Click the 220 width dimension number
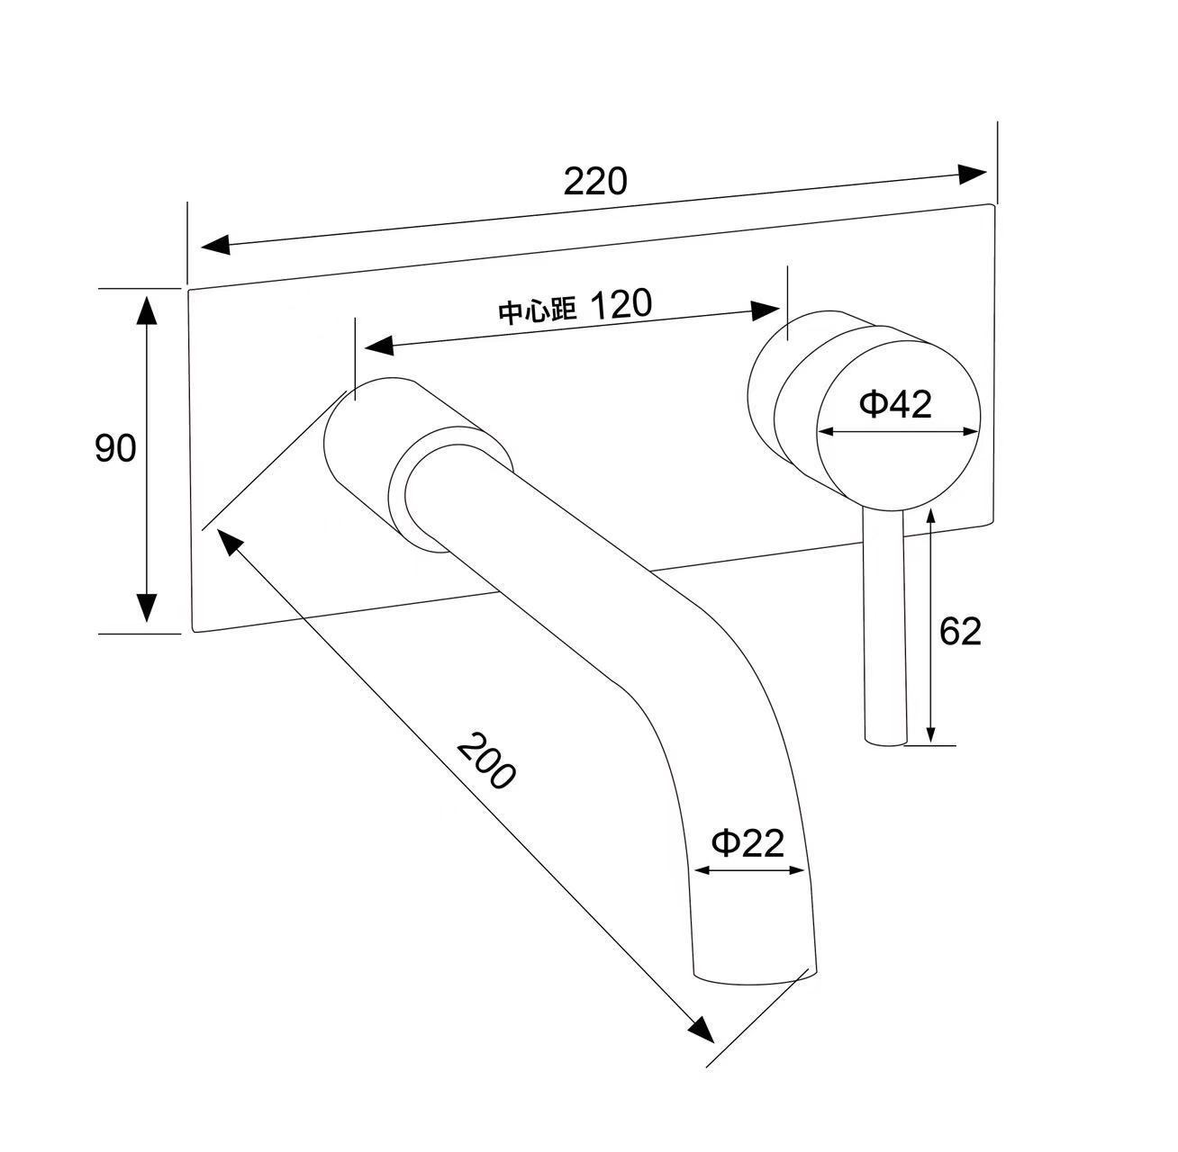click(595, 181)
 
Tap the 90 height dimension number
click(115, 448)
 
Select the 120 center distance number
click(621, 303)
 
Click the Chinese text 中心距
click(537, 311)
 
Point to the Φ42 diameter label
click(895, 403)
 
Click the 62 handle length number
click(960, 631)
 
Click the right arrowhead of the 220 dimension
click(972, 174)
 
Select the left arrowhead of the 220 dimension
click(215, 244)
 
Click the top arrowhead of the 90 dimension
click(146, 310)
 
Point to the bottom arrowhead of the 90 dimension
click(146, 607)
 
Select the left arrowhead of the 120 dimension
click(379, 346)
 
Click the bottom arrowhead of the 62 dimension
click(931, 734)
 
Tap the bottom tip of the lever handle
click(885, 743)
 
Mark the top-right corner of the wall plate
click(993, 204)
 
